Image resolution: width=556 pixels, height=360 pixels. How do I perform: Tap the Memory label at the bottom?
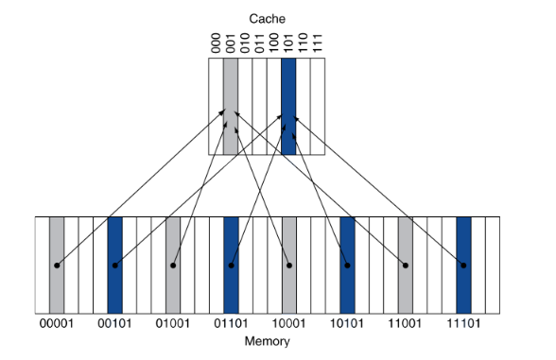(x=267, y=341)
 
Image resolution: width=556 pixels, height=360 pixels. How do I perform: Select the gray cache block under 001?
(x=230, y=106)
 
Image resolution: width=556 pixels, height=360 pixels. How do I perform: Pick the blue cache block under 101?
(x=288, y=106)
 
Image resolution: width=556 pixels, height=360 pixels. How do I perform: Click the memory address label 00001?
(x=57, y=325)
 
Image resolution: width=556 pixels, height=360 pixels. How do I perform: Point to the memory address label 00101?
(x=115, y=325)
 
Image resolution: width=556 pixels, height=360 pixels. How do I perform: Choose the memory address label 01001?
(x=173, y=325)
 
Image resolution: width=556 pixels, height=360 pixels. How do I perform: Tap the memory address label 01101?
(x=232, y=325)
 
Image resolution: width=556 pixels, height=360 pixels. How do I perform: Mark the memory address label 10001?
(x=289, y=325)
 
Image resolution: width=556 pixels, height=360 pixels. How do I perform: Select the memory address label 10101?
(x=347, y=325)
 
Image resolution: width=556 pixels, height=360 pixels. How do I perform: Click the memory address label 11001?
(x=406, y=325)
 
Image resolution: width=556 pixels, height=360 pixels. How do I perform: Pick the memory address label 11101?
(x=463, y=325)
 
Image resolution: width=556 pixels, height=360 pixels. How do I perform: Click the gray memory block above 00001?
(x=57, y=236)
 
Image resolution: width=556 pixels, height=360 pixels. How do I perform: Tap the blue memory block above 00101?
(x=115, y=236)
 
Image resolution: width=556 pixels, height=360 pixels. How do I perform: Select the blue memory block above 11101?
(x=463, y=236)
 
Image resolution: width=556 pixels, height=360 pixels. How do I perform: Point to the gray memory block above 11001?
(x=406, y=236)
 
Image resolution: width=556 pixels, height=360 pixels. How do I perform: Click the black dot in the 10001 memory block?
(x=289, y=266)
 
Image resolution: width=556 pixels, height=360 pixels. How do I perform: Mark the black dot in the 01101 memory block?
(x=232, y=266)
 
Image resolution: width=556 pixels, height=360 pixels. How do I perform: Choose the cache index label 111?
(x=318, y=43)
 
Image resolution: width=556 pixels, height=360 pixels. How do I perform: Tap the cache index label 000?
(x=216, y=43)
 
